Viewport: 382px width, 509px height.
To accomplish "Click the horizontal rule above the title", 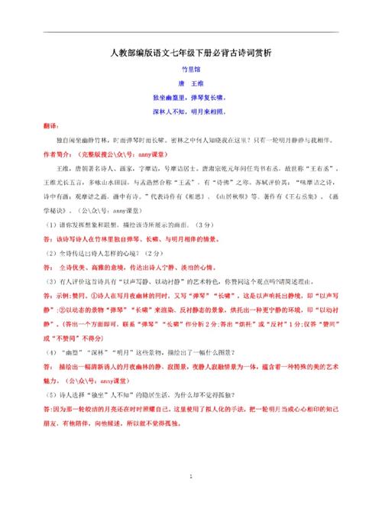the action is pyautogui.click(x=190, y=33).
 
